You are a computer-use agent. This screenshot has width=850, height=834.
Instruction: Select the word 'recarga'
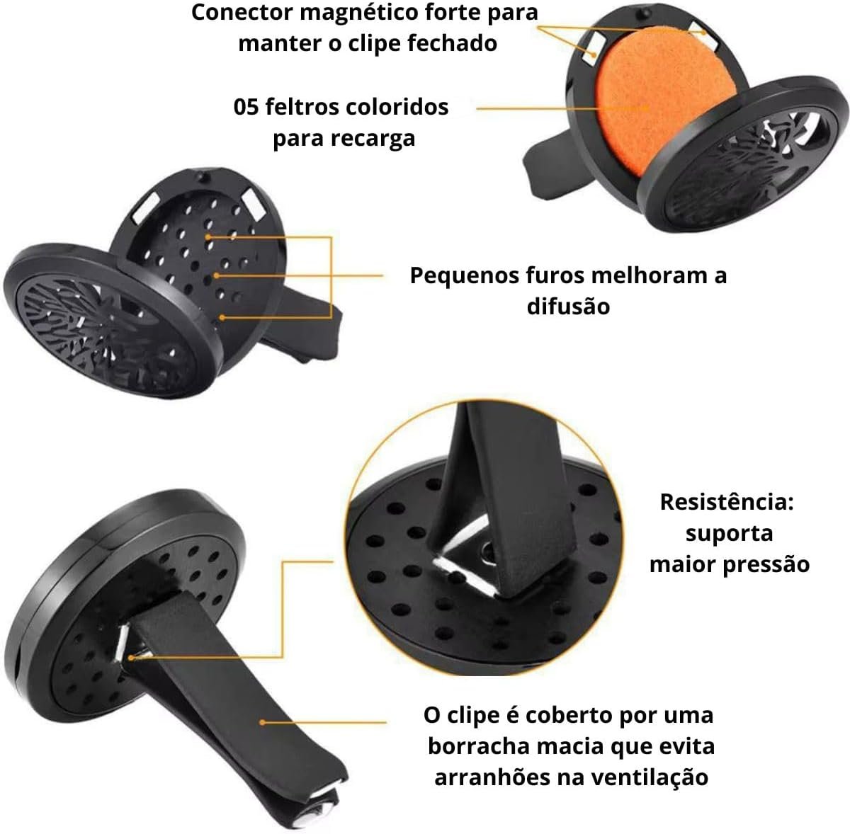[x=373, y=139]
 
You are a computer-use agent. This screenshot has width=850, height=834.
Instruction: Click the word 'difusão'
[x=568, y=307]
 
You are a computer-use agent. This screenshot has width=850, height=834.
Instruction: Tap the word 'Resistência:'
[x=727, y=502]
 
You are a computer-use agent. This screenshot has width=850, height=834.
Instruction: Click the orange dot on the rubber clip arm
[x=262, y=722]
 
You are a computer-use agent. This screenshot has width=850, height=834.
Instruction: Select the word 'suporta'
[x=729, y=535]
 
